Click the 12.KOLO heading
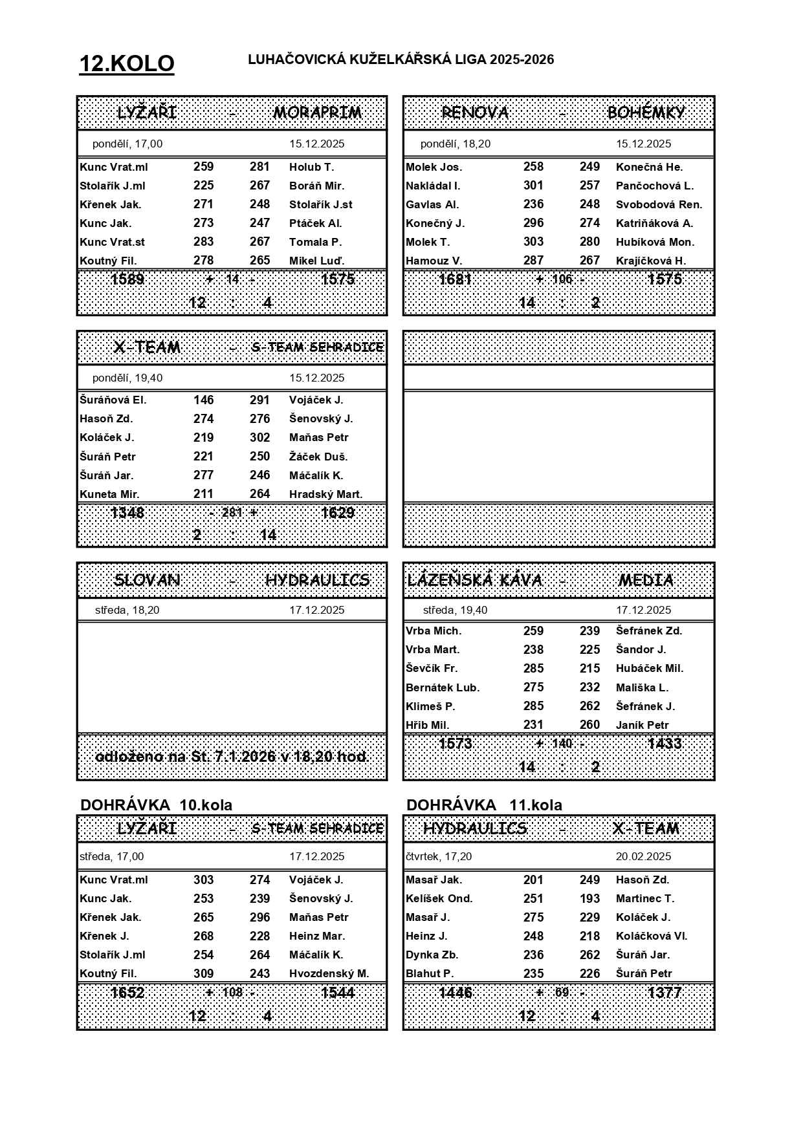pos(127,64)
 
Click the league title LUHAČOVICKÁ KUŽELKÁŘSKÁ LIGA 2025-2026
pos(401,59)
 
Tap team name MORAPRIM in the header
pos(317,113)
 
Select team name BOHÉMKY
pos(645,113)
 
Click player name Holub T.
pos(311,167)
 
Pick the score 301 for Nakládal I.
pos(533,186)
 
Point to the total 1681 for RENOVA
pos(456,279)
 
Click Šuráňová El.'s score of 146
pos(203,400)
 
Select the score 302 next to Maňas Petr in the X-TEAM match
pos(259,437)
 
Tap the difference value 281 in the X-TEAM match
pos(232,513)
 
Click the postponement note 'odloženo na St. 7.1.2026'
pos(232,757)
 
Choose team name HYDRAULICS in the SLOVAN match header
pos(317,580)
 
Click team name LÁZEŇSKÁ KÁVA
pos(475,580)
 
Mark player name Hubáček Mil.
pos(649,669)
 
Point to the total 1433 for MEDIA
pos(665,744)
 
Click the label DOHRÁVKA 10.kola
pos(156,805)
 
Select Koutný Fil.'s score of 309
pos(203,973)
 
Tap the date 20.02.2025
pos(643,856)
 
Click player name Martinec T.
pos(644,898)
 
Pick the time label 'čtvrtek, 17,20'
pos(439,856)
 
